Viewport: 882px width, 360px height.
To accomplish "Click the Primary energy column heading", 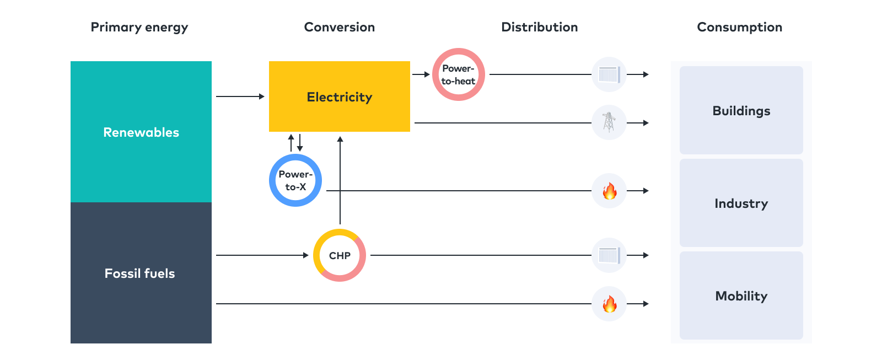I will (139, 27).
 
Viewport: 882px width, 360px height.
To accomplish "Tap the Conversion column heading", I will (339, 27).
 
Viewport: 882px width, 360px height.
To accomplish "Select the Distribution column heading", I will (539, 27).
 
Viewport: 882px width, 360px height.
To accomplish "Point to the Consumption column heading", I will (739, 27).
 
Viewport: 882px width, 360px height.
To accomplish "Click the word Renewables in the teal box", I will (141, 132).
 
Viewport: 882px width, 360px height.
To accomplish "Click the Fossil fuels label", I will (140, 273).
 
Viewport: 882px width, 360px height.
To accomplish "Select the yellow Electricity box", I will (339, 96).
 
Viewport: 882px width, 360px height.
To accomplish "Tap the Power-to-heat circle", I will (458, 74).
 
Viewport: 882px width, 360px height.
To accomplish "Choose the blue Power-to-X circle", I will (295, 180).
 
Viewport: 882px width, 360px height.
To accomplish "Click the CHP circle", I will (340, 255).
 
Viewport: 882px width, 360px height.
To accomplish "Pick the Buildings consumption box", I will (741, 110).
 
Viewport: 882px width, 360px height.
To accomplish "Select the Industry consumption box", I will (741, 203).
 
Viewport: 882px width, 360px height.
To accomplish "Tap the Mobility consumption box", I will (741, 295).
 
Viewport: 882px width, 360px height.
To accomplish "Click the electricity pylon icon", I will (609, 122).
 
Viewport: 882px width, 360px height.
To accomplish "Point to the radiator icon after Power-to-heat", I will (609, 74).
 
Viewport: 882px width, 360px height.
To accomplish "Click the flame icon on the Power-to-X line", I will (609, 191).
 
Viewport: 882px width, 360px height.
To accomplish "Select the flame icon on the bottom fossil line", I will (609, 304).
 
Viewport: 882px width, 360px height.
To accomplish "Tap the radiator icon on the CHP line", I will (609, 255).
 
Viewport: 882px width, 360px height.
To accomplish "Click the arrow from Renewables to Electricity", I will (240, 96).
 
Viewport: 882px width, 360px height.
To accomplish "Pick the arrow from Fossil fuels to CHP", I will (262, 255).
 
